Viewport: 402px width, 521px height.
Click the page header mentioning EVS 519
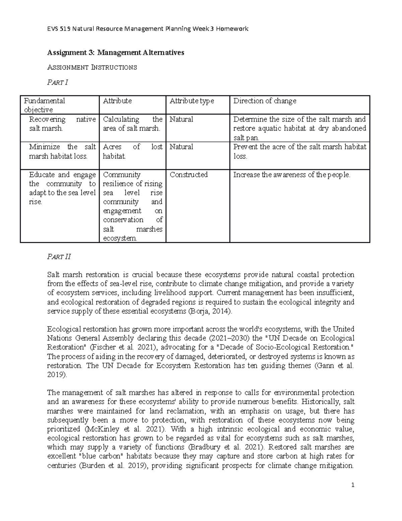pyautogui.click(x=148, y=29)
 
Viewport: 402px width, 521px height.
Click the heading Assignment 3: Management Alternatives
pyautogui.click(x=116, y=53)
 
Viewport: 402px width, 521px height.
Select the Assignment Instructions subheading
pyautogui.click(x=92, y=67)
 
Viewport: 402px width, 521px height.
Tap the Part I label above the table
pyautogui.click(x=58, y=82)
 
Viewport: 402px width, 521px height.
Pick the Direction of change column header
pyautogui.click(x=265, y=101)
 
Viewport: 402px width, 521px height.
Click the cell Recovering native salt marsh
pyautogui.click(x=62, y=124)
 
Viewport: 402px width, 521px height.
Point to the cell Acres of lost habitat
pyautogui.click(x=132, y=151)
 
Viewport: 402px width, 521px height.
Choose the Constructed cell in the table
pyautogui.click(x=189, y=175)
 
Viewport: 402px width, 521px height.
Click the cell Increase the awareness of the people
pyautogui.click(x=291, y=175)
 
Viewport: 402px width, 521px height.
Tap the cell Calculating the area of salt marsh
pyautogui.click(x=132, y=124)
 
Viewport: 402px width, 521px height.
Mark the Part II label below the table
pyautogui.click(x=59, y=257)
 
